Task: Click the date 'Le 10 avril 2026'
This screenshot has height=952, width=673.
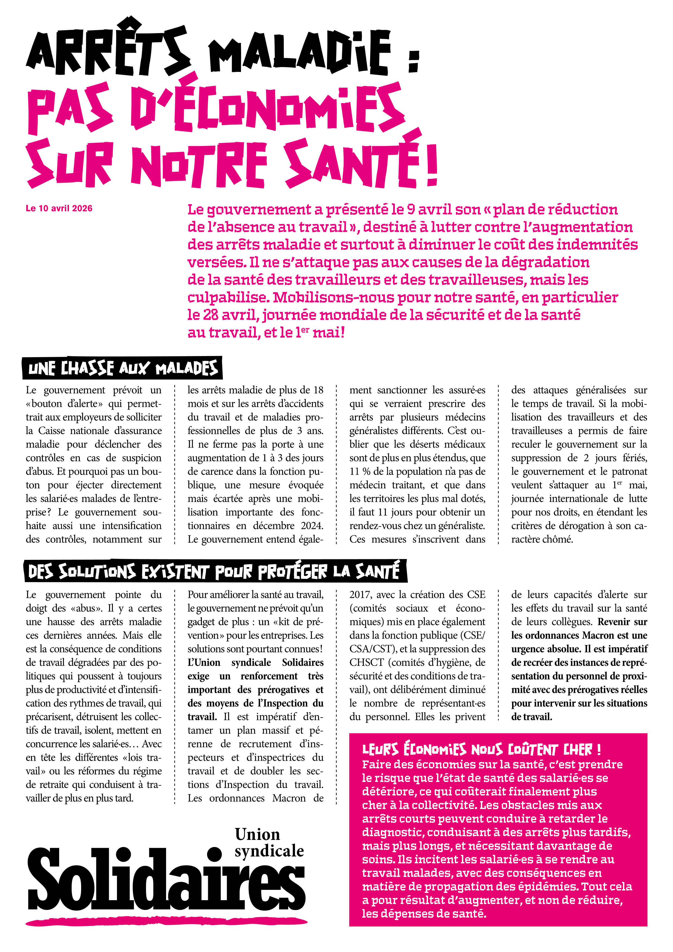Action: click(x=59, y=208)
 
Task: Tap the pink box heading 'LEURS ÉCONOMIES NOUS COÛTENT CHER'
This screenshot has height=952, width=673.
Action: click(x=481, y=749)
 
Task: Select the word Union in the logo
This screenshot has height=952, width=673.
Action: click(x=257, y=834)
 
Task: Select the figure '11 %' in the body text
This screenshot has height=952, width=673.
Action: click(x=360, y=471)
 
